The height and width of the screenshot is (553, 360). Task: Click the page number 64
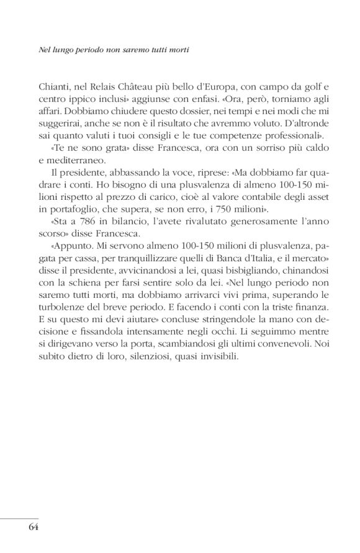(x=34, y=529)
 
